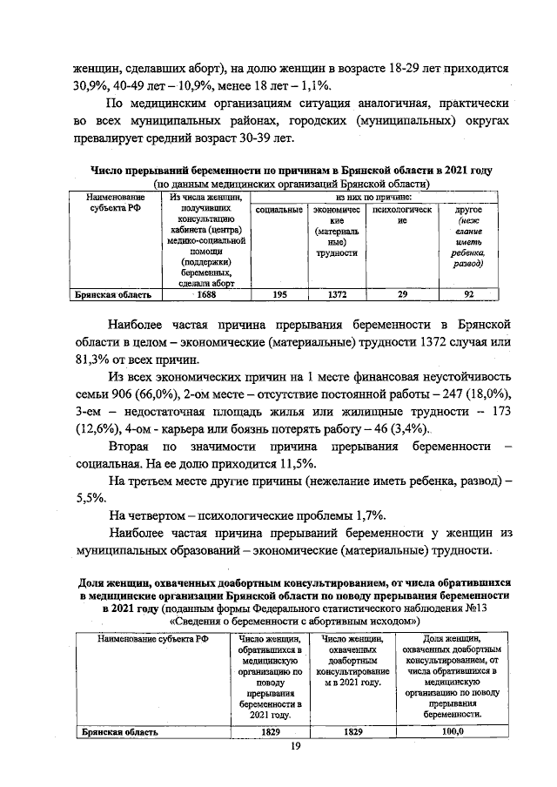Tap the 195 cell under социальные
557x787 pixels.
(x=279, y=295)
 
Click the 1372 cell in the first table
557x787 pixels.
(x=337, y=295)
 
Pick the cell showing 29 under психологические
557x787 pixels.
(x=401, y=295)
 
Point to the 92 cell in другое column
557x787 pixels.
(x=469, y=295)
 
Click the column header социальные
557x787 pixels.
(x=279, y=211)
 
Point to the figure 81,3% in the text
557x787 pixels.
(x=89, y=360)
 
